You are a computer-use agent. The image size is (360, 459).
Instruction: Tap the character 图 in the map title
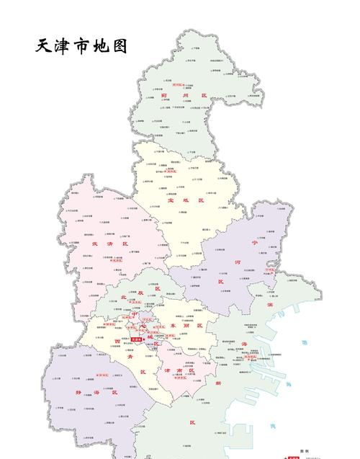[x=120, y=46]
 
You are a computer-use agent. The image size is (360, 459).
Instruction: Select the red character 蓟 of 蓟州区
[x=165, y=95]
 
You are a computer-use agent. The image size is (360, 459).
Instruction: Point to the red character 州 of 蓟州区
[x=185, y=95]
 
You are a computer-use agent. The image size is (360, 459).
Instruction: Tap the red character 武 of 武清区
[x=95, y=244]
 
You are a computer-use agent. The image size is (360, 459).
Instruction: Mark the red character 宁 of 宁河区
[x=254, y=242]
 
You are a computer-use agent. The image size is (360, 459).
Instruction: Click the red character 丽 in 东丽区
[x=189, y=326]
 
